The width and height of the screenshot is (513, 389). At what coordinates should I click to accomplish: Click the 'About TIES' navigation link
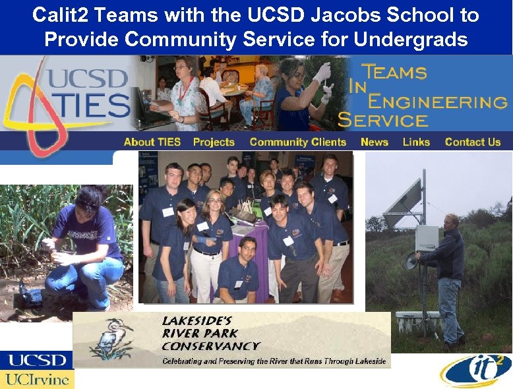tap(152, 142)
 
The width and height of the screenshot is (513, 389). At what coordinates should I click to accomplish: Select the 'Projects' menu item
tap(214, 142)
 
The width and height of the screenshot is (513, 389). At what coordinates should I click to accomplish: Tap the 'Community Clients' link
tap(297, 142)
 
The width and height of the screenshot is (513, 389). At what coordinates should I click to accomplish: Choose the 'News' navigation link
tap(374, 142)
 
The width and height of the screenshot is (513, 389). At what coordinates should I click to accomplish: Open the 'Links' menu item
tap(416, 142)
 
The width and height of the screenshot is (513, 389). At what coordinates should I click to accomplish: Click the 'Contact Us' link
tap(473, 142)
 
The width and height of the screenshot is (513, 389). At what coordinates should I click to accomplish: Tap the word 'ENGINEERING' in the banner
tap(437, 102)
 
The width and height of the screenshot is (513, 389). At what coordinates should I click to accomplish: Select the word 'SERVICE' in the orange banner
tap(382, 120)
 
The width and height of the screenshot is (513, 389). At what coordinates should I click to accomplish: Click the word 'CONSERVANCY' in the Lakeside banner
tap(210, 345)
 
